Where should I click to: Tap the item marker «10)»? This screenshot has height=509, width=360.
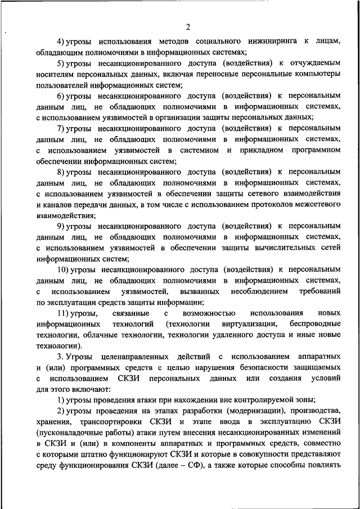[x=62, y=269]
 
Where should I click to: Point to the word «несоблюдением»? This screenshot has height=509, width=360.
[x=259, y=291]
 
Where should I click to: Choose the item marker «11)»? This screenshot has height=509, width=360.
[x=62, y=313]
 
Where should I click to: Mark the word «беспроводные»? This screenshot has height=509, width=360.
[x=315, y=325]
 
